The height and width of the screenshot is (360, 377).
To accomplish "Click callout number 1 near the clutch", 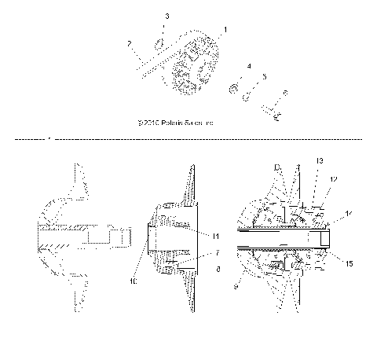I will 226,29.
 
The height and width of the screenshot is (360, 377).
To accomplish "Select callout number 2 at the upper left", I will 129,45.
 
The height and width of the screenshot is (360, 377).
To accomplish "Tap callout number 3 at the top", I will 165,16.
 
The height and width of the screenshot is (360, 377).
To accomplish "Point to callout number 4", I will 249,68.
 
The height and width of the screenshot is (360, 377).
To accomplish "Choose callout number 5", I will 265,76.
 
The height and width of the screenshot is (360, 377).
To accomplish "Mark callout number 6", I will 285,93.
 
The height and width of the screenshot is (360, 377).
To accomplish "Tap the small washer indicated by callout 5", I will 248,97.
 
